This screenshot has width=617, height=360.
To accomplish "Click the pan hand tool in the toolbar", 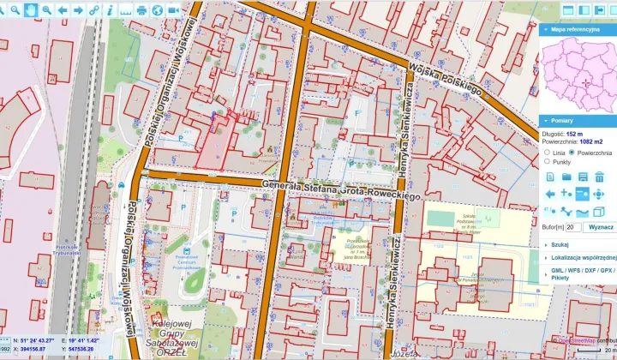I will coord(31,9).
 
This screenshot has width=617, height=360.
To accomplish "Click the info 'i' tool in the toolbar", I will coord(110,9).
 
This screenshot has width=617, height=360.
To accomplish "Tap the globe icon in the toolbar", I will coord(158,9).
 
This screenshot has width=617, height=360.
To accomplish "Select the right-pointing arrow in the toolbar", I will coord(78,9).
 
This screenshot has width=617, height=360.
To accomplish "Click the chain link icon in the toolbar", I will coord(94,9).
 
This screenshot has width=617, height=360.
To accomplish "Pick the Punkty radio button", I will coord(547,161).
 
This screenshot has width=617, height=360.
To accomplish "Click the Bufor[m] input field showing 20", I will coord(573,227).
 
